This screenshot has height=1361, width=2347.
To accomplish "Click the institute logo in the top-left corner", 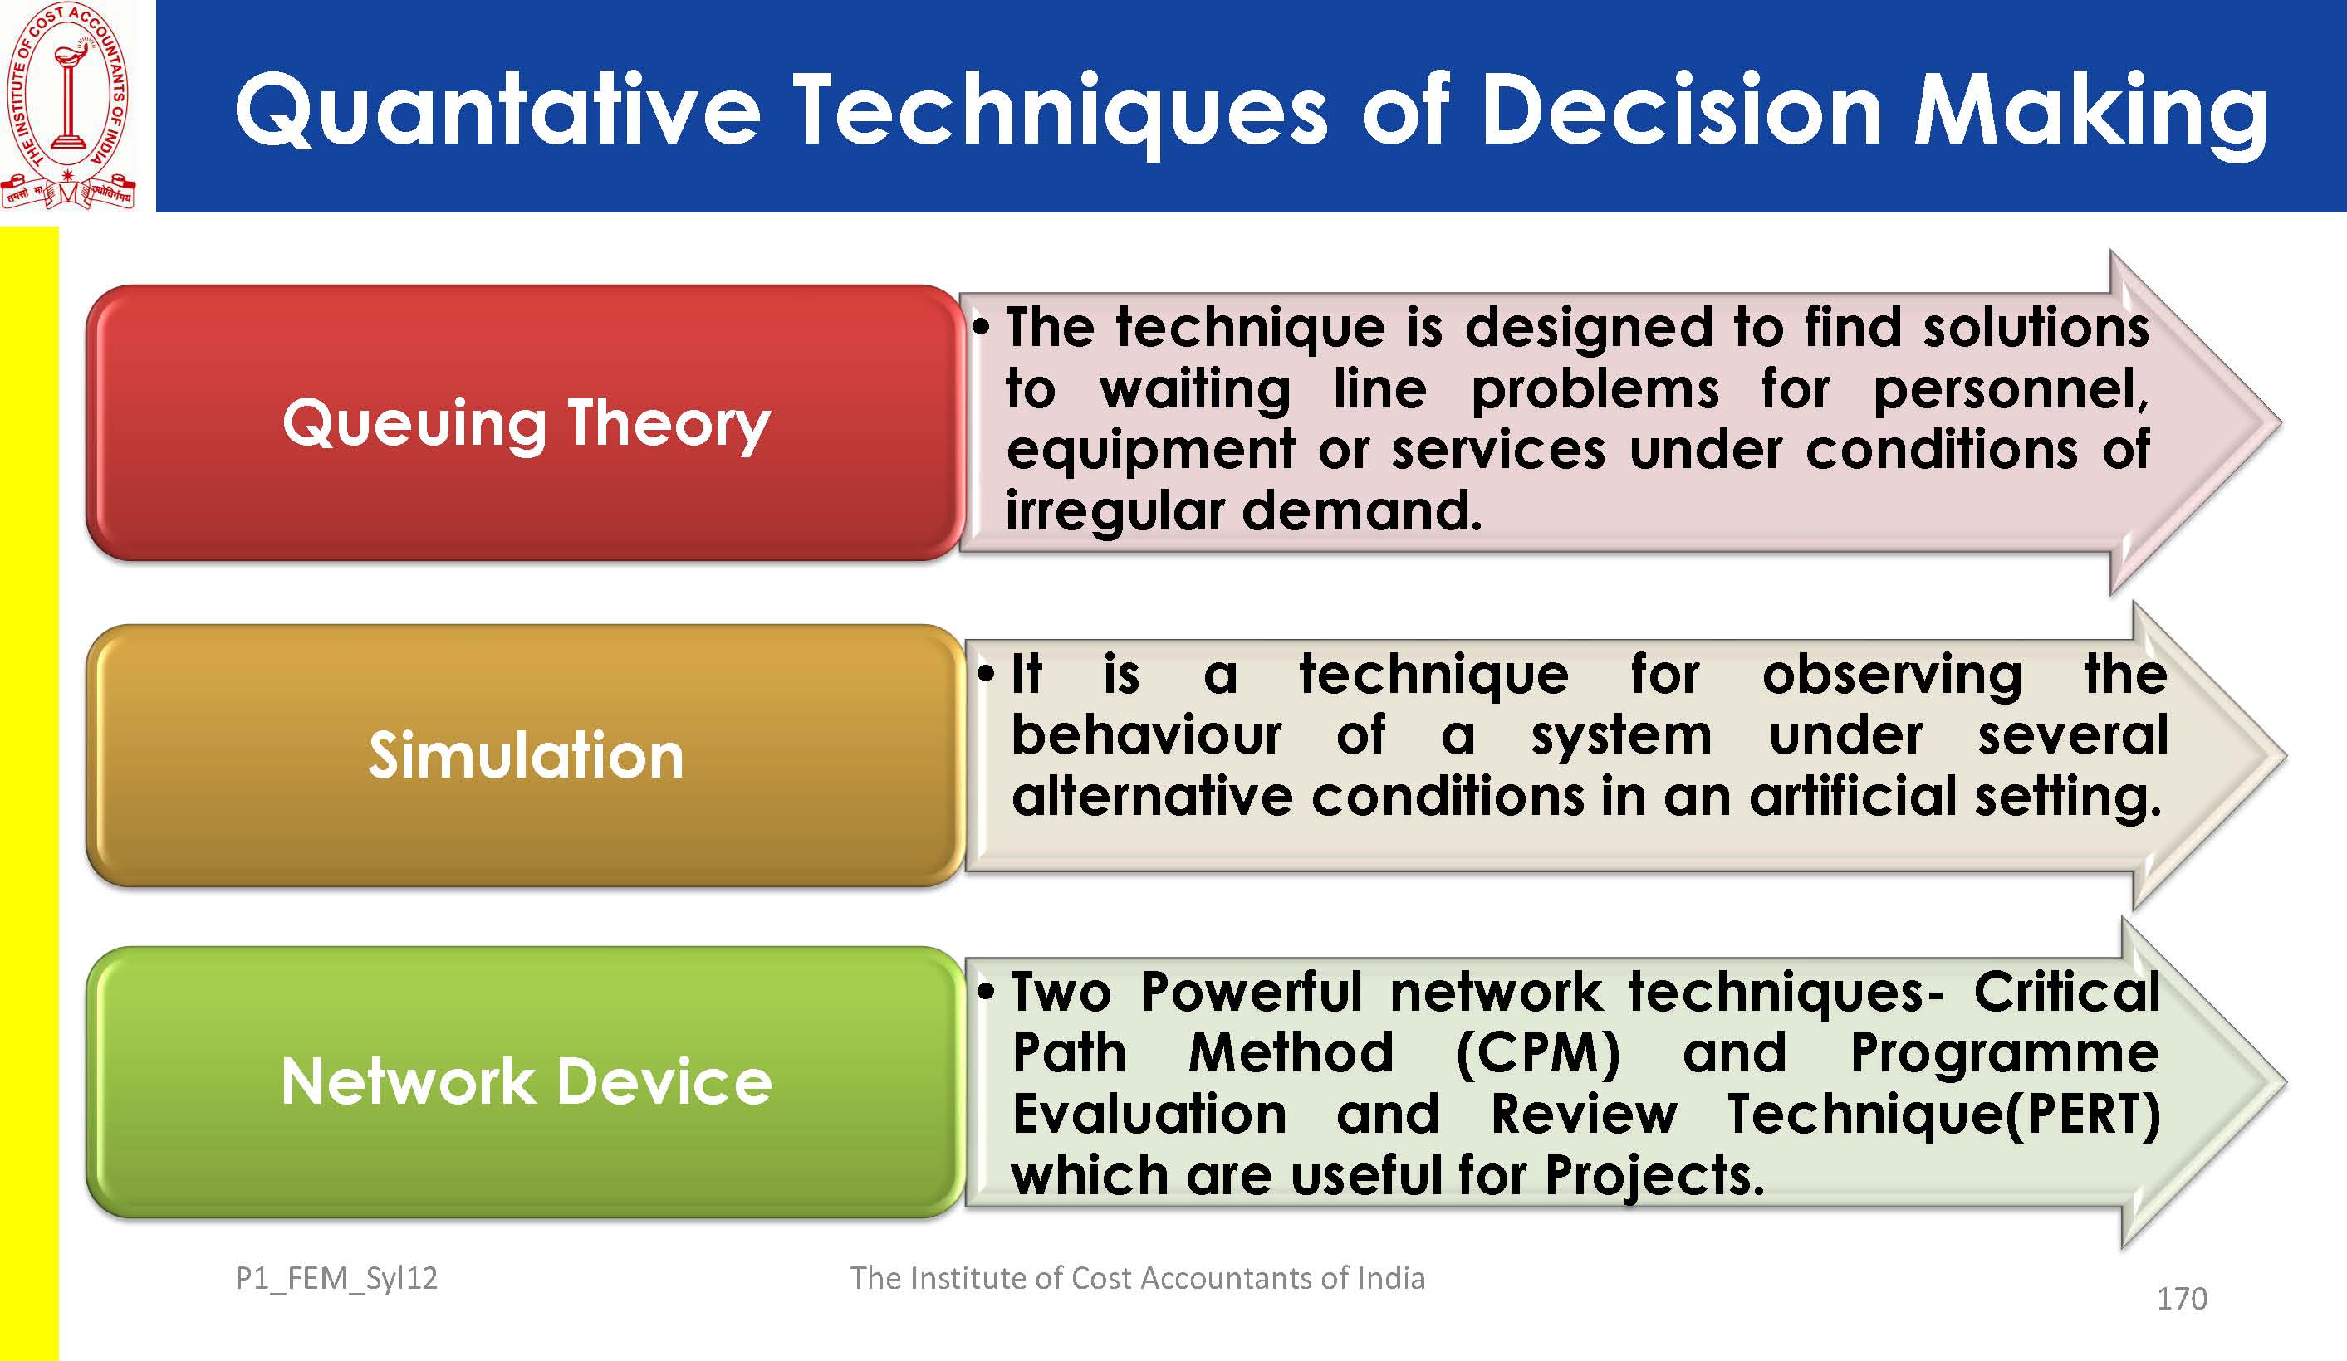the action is (69, 105).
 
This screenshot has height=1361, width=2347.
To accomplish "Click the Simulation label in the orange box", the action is (527, 754).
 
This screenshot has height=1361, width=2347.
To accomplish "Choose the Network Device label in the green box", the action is (527, 1081).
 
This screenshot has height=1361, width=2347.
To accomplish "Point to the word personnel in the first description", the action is (2011, 389).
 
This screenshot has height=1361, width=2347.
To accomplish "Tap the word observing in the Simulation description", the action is (1892, 675).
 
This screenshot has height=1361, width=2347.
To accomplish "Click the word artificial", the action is (1853, 797).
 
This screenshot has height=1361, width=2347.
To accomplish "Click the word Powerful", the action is (1252, 992).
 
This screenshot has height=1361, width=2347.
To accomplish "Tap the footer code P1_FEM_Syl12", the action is (336, 1279).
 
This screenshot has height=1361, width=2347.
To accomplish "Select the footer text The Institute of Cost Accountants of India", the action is (1137, 1278).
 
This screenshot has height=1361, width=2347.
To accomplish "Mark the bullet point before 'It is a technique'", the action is (987, 673).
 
